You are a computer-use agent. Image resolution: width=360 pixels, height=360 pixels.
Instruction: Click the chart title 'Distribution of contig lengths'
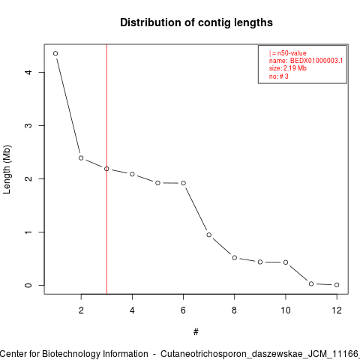(196, 22)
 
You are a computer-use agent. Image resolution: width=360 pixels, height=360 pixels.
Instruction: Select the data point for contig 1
(55, 53)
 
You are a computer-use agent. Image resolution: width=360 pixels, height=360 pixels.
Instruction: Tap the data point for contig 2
(81, 158)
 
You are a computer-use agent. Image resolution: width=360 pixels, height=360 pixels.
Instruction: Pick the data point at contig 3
(106, 169)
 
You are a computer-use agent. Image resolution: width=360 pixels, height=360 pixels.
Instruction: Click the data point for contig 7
(209, 235)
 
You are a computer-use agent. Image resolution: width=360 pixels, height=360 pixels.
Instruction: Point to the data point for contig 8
(235, 258)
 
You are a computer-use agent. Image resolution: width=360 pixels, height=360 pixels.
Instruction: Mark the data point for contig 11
(311, 283)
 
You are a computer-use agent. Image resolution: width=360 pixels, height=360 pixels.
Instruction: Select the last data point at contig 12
(337, 285)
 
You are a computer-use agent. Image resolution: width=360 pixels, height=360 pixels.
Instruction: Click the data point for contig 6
(183, 183)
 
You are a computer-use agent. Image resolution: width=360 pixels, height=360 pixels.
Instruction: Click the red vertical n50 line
(106, 169)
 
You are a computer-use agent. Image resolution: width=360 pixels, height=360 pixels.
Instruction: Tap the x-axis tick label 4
(132, 310)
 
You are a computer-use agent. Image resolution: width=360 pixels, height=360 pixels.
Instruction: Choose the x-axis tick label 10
(286, 310)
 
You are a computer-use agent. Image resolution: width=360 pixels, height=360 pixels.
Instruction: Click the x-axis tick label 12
(337, 310)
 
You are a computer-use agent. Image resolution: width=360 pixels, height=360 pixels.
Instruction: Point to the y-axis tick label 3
(28, 125)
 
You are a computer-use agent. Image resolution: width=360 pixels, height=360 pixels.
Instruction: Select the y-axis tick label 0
(28, 285)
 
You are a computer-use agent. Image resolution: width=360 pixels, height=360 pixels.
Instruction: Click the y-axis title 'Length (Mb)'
(7, 169)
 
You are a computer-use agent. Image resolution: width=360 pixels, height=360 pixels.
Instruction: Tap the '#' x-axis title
(196, 332)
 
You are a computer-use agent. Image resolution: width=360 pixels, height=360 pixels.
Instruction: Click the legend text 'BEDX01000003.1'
(316, 61)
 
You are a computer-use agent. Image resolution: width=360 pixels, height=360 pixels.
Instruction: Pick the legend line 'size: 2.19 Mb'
(288, 68)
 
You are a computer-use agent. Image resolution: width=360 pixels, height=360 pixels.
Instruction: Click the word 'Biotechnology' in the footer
(95, 354)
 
